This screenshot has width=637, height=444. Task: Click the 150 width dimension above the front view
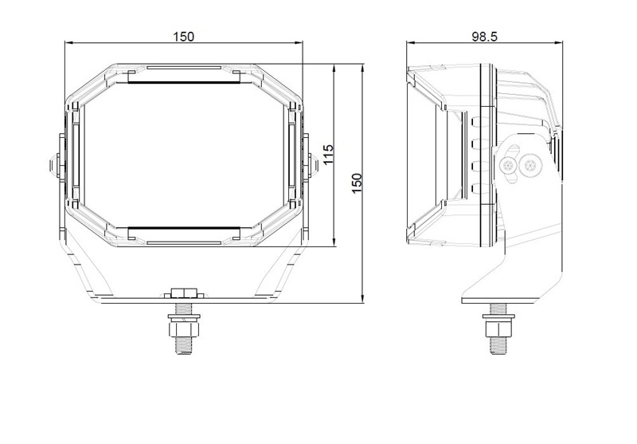click(184, 37)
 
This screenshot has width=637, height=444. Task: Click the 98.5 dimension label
click(484, 37)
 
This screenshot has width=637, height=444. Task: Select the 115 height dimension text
click(328, 155)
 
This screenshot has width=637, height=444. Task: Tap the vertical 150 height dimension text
click(357, 183)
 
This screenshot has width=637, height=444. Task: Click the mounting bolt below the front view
click(184, 328)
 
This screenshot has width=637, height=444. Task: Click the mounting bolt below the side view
click(498, 328)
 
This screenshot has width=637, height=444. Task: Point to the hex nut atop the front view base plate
click(184, 293)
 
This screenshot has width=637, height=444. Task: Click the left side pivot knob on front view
click(55, 166)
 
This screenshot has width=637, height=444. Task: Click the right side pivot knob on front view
click(313, 165)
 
